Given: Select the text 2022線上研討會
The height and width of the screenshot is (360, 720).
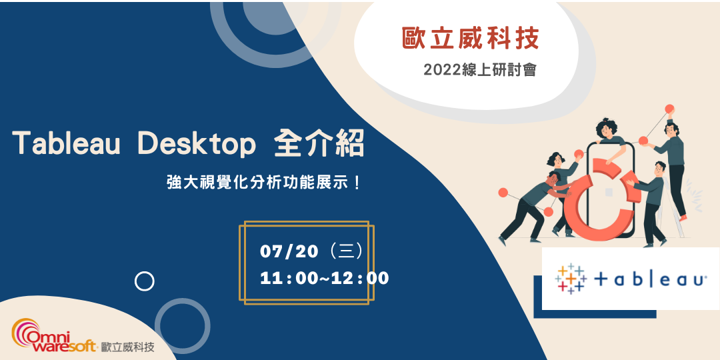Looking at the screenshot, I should point(479,69).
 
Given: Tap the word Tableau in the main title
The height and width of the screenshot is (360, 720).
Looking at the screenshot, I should point(66,144).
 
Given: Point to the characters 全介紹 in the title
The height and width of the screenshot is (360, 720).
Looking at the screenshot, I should point(319,144).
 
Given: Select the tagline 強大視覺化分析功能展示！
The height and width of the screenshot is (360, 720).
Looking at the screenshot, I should point(264,181).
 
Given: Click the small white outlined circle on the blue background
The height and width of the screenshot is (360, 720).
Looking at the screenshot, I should point(144,281).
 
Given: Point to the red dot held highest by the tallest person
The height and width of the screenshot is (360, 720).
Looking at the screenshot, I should point(669,108).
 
